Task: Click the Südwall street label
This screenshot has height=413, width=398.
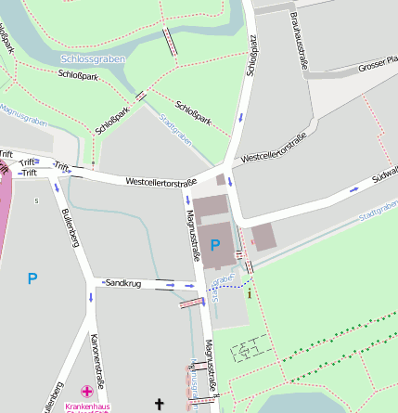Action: [x=383, y=176]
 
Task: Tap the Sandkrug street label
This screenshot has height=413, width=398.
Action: [x=123, y=282]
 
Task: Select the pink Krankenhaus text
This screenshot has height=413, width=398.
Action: [x=87, y=407]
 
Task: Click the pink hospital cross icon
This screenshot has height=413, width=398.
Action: [x=87, y=392]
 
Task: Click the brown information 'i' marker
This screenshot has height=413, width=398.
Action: [x=249, y=292]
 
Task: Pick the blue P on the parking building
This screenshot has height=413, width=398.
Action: [x=215, y=244]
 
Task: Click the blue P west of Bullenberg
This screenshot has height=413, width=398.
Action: [x=32, y=277]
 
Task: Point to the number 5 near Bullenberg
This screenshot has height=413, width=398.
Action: [x=36, y=200]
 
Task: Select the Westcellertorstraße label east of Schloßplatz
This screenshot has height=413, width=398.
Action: [x=273, y=148]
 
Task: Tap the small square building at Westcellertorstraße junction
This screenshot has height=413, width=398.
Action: [x=221, y=180]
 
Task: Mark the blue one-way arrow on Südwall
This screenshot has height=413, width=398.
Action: [x=353, y=189]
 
